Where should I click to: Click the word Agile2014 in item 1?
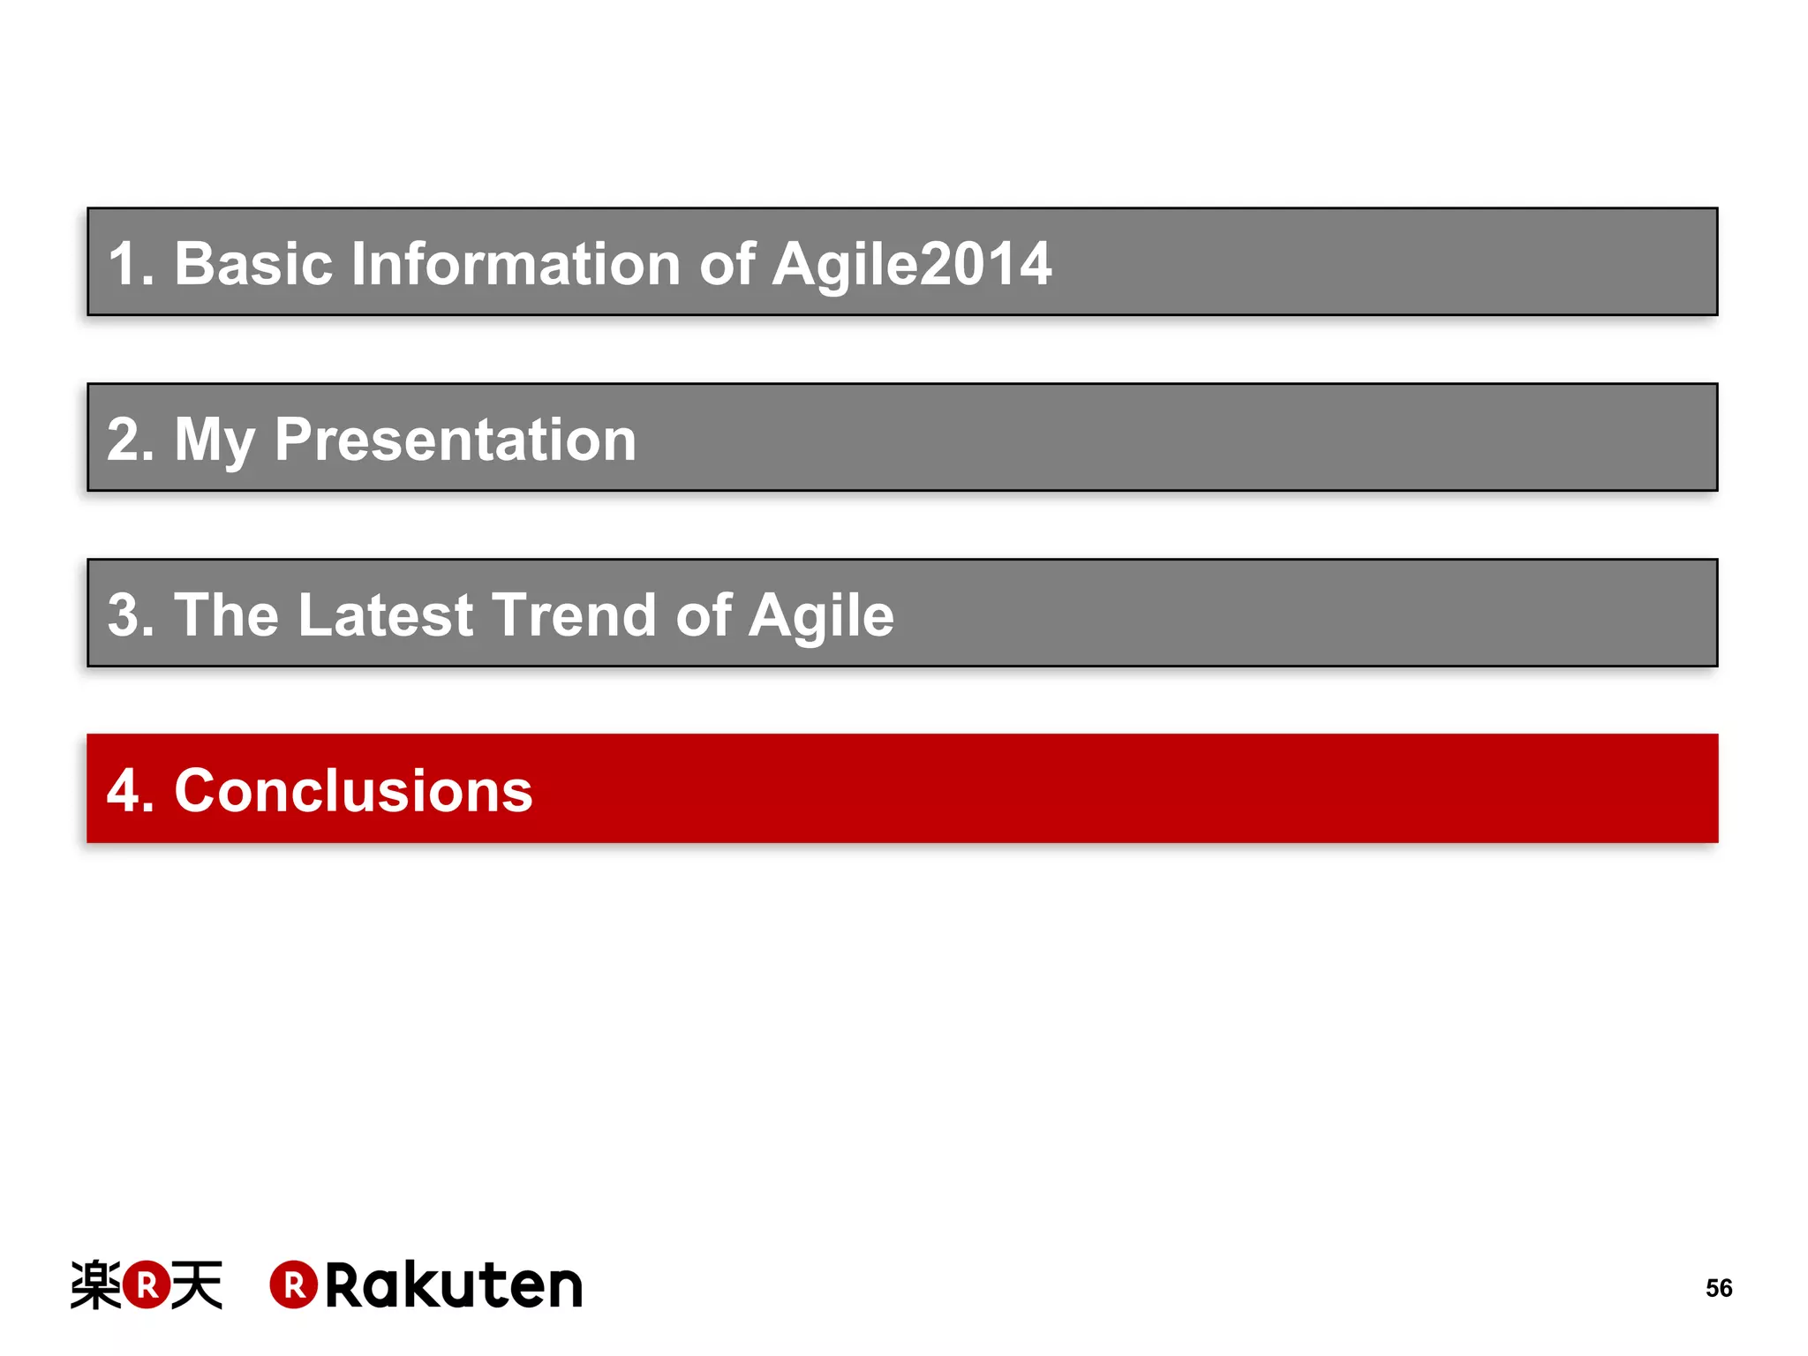(x=911, y=265)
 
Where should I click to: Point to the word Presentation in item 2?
(x=455, y=440)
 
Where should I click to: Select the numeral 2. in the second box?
(x=131, y=440)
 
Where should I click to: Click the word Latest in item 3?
(x=386, y=614)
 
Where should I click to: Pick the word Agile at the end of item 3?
(x=821, y=616)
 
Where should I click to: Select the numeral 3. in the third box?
(x=131, y=614)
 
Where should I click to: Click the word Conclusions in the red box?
(x=353, y=790)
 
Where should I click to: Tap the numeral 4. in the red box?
(x=131, y=790)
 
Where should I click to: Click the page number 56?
(x=1718, y=1288)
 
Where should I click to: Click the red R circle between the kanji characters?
(x=147, y=1285)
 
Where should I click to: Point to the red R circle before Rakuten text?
(x=293, y=1285)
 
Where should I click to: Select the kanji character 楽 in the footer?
(x=95, y=1285)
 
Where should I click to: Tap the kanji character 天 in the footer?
(x=197, y=1285)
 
